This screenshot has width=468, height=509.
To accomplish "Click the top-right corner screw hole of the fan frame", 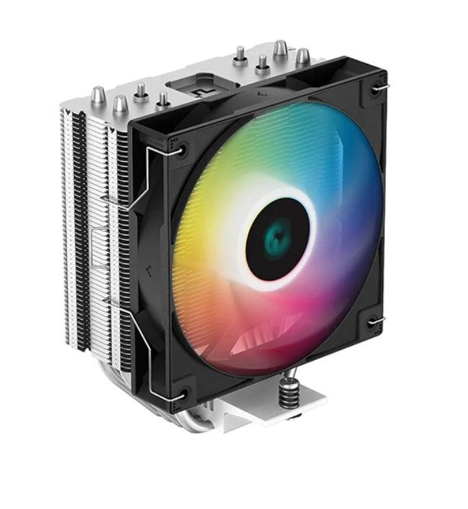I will pyautogui.click(x=375, y=88).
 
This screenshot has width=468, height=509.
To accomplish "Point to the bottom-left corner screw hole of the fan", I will pyautogui.click(x=182, y=393).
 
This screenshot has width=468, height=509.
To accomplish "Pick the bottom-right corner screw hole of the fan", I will pyautogui.click(x=373, y=320).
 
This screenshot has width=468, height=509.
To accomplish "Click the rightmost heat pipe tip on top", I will pyautogui.click(x=301, y=56).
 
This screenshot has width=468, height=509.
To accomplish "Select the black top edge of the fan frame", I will pyautogui.click(x=260, y=89).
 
